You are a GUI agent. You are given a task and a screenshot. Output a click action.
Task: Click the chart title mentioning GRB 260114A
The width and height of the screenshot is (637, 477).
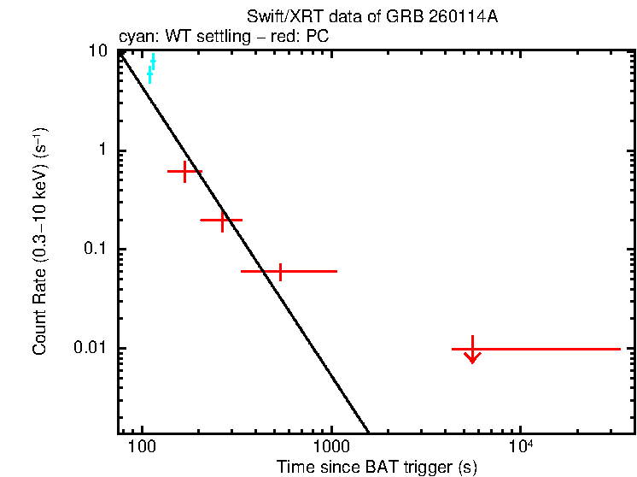371,19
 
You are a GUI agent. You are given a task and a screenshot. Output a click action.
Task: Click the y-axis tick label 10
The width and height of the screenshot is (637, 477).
99,51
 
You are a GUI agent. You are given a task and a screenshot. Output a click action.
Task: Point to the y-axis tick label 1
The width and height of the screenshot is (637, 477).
104,150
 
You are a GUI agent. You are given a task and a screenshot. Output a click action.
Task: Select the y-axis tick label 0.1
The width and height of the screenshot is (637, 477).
96,250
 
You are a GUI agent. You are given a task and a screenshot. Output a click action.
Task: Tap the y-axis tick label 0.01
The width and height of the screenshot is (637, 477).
92,349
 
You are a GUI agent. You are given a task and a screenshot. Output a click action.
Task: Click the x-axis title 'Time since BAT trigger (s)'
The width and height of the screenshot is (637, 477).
377,467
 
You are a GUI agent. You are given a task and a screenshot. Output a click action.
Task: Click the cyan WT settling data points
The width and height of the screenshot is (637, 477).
151,68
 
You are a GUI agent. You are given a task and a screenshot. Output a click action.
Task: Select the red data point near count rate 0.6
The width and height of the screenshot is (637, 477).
184,172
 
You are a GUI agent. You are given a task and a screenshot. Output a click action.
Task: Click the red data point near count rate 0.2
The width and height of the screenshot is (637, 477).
222,220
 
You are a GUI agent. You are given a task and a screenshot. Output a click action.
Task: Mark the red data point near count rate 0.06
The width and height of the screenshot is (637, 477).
279,271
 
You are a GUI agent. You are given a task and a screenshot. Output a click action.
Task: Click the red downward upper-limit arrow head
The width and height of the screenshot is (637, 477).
472,358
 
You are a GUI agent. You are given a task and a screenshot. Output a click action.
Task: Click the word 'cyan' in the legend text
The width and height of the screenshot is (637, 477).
135,37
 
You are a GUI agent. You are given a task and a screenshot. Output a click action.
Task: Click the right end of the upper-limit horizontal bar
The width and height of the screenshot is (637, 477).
619,349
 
